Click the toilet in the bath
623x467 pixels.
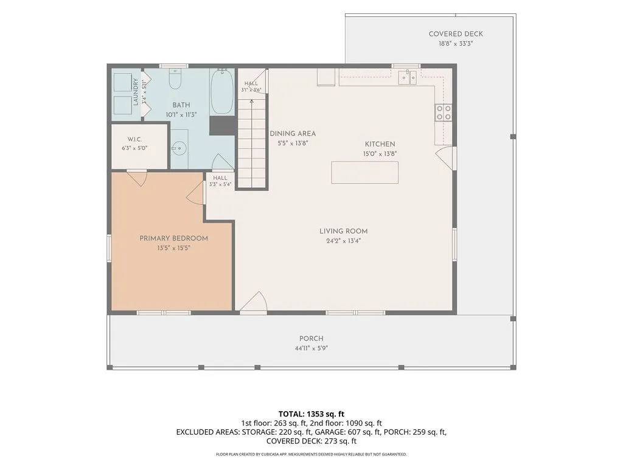pos(175,78)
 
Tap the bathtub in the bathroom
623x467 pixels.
pos(221,92)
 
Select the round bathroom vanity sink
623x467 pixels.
pos(179,148)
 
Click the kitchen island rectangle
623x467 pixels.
pos(365,172)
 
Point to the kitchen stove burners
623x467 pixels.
pos(444,112)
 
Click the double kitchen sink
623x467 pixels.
pos(407,77)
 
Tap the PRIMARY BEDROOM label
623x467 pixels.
pos(173,238)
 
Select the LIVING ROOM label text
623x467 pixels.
pos(343,231)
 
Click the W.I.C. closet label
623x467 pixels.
pos(134,139)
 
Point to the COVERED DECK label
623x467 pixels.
pos(456,34)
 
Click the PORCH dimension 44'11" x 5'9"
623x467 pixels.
pos(311,348)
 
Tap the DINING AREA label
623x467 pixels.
pos(293,134)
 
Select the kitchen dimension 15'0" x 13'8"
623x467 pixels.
pos(380,154)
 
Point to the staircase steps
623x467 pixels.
pos(251,143)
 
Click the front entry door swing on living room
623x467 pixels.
pos(254,302)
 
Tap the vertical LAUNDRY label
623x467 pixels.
pos(136,92)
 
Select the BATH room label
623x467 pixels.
pos(181,105)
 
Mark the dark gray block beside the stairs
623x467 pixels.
pos(223,125)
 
